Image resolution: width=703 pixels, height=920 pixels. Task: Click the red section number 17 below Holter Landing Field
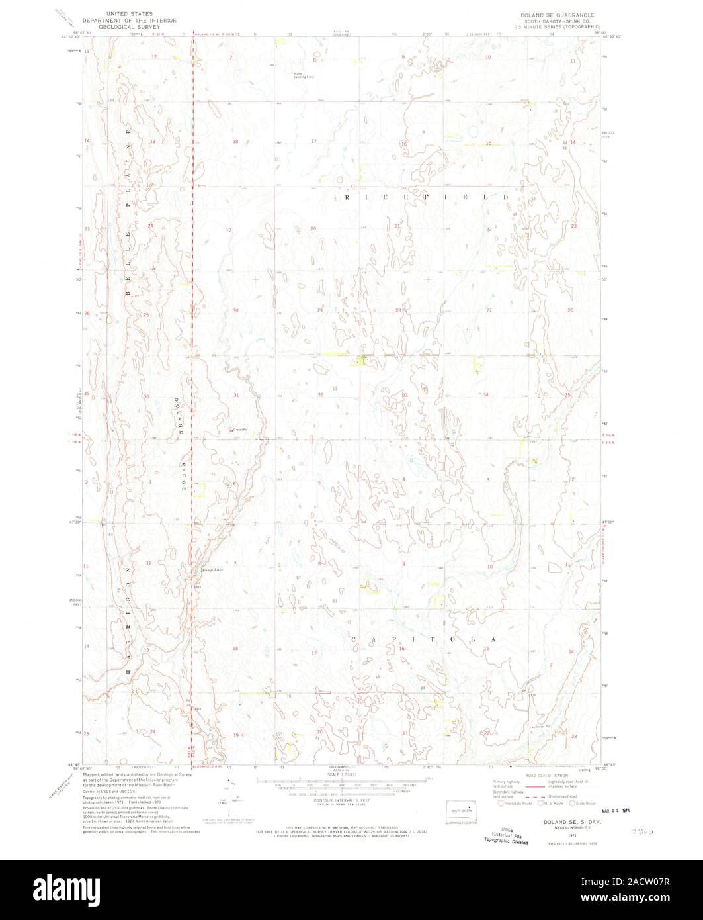pos(315,142)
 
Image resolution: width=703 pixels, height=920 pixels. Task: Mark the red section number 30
pos(235,310)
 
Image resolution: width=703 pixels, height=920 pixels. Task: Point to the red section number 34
pos(486,394)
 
